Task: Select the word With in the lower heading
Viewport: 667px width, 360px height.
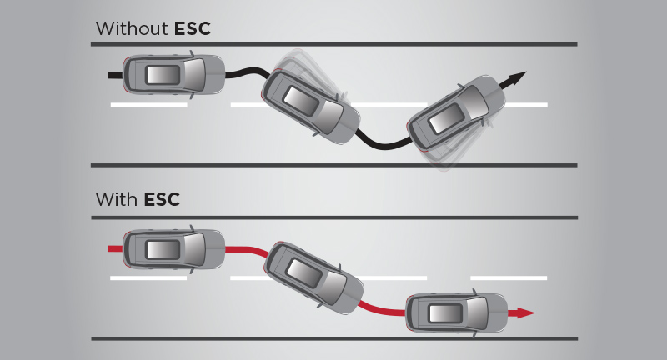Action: click(117, 200)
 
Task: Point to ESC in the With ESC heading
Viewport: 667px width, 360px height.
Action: click(163, 200)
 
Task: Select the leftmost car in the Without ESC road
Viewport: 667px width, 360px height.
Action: click(173, 74)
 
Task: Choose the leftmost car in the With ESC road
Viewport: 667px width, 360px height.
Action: click(173, 247)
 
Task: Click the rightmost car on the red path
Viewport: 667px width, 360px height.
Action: click(454, 312)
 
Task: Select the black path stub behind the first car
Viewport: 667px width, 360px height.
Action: click(115, 75)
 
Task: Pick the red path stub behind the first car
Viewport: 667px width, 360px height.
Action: click(115, 247)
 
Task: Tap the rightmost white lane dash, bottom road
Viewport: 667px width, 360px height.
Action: click(509, 277)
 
